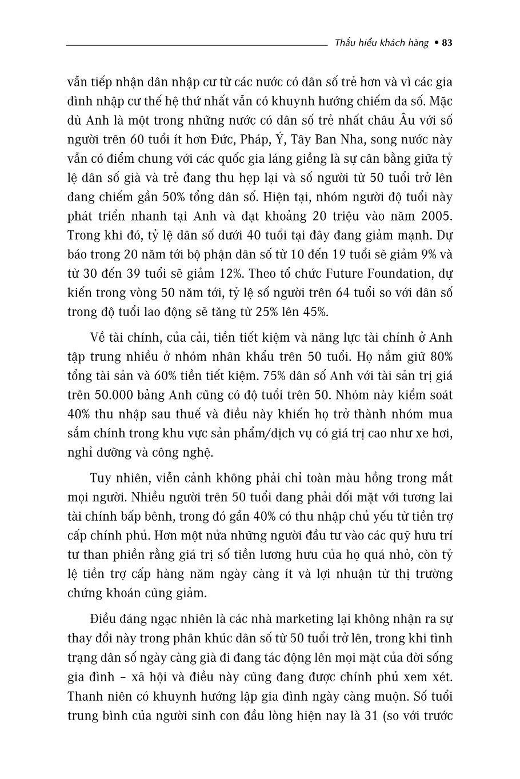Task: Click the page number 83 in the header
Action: point(447,43)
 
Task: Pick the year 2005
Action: point(435,216)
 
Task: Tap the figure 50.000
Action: point(117,394)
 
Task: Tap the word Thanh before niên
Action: point(84,696)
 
